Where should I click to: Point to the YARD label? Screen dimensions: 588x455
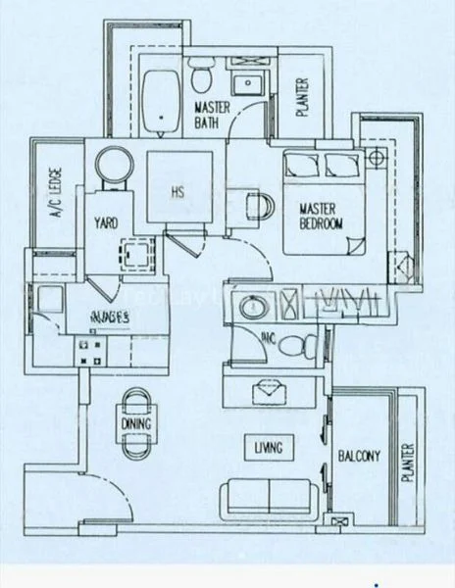(107, 223)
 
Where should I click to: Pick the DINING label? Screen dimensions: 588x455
(137, 423)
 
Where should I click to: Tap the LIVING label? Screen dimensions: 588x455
(268, 448)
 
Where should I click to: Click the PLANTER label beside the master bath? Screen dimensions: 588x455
(302, 98)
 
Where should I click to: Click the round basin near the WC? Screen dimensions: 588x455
(251, 308)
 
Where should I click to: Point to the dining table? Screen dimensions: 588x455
(137, 422)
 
